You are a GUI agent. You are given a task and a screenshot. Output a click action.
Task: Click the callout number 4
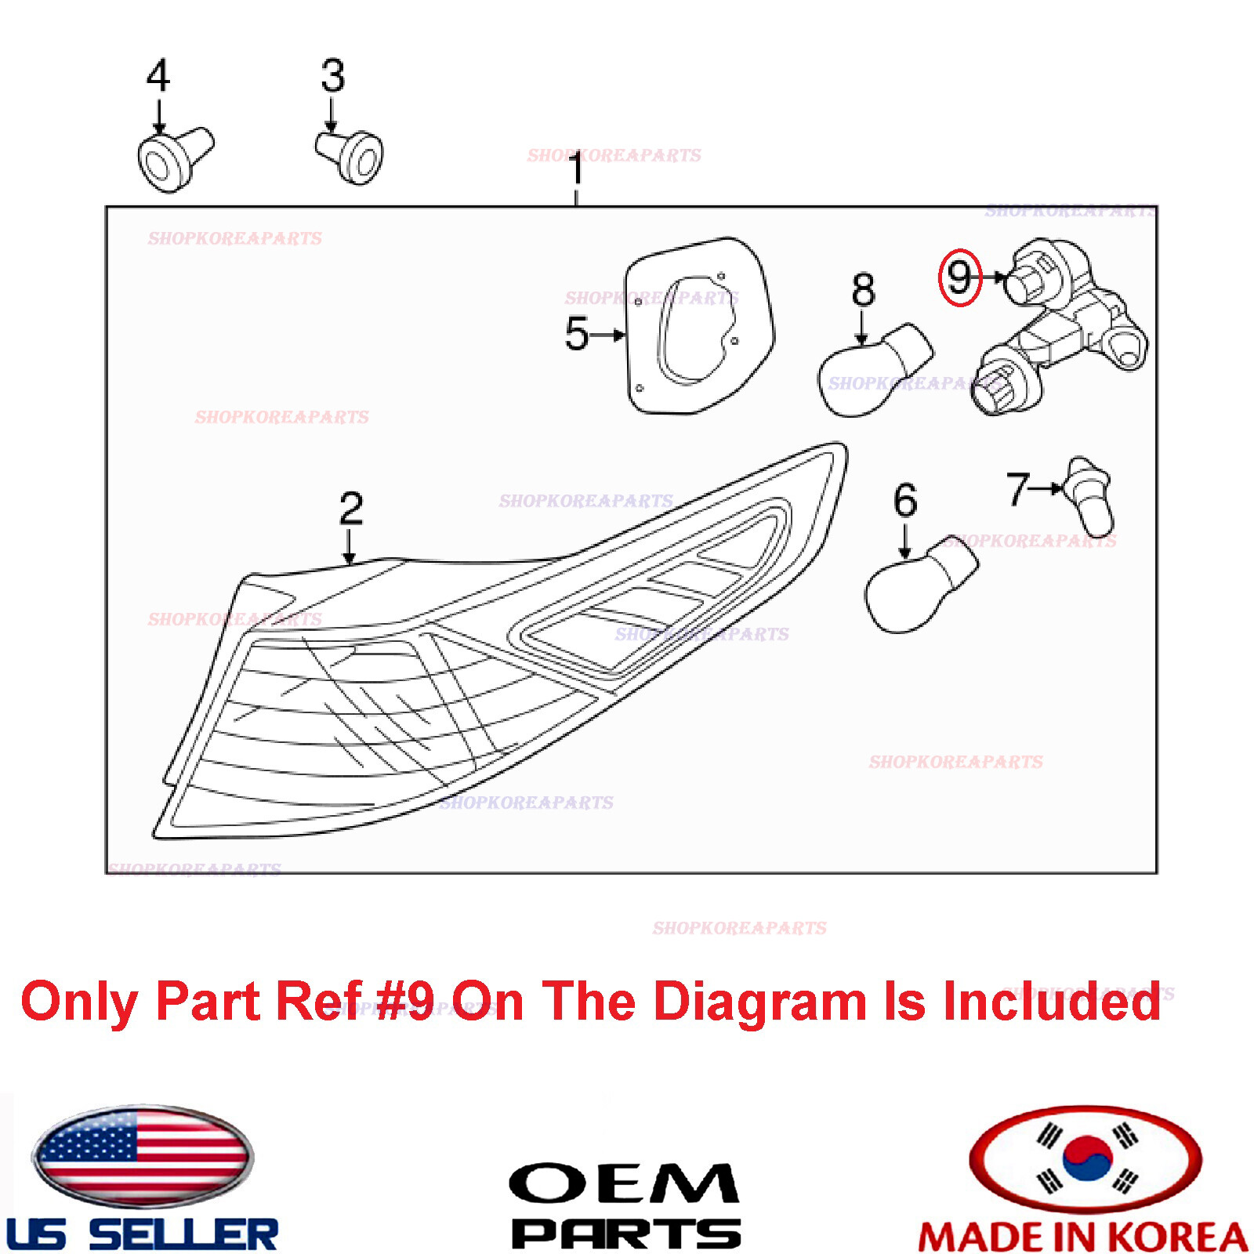(158, 76)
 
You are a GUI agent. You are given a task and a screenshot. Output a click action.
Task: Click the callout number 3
(333, 76)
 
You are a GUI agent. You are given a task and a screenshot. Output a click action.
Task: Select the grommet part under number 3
(353, 156)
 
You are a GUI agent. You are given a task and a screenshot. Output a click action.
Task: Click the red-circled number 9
(960, 277)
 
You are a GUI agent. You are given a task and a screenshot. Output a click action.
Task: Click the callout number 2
(351, 509)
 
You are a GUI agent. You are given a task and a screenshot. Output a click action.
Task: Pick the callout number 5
(577, 334)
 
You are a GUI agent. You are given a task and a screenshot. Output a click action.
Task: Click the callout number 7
(1018, 488)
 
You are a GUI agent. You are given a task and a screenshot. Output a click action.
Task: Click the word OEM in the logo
(624, 1184)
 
